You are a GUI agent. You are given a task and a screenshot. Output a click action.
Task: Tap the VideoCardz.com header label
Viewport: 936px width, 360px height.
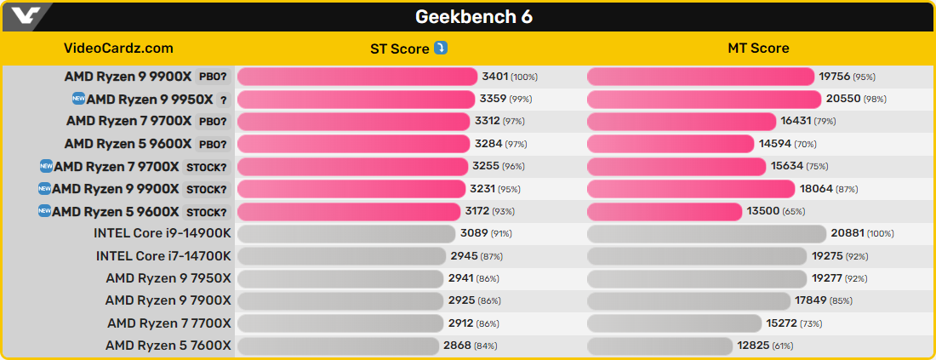point(118,49)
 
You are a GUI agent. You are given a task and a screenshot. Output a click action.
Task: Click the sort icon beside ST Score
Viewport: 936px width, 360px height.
point(441,48)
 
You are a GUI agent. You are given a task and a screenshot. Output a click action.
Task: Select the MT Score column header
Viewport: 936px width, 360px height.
point(758,49)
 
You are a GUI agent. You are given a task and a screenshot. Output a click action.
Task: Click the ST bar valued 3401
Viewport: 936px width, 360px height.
point(357,77)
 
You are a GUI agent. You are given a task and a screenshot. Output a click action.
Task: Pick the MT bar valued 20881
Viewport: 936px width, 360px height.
point(706,233)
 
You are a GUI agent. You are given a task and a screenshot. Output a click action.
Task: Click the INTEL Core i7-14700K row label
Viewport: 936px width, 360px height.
point(163,255)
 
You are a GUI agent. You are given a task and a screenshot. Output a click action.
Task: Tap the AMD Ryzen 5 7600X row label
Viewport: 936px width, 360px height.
point(168,346)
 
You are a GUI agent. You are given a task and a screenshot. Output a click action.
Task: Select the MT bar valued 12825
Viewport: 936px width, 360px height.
point(659,346)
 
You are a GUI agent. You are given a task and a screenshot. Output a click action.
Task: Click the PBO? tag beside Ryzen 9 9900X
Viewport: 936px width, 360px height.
point(213,77)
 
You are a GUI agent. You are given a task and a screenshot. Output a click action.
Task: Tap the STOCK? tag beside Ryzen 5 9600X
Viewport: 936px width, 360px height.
point(206,212)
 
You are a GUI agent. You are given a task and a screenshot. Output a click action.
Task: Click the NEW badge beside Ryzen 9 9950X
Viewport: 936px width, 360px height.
point(78,99)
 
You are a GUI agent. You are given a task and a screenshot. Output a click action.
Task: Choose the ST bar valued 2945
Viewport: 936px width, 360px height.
point(341,255)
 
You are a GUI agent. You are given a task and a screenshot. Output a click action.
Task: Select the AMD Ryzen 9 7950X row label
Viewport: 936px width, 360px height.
point(168,278)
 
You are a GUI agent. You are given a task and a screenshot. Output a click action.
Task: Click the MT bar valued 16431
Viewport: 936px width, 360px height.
point(682,122)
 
